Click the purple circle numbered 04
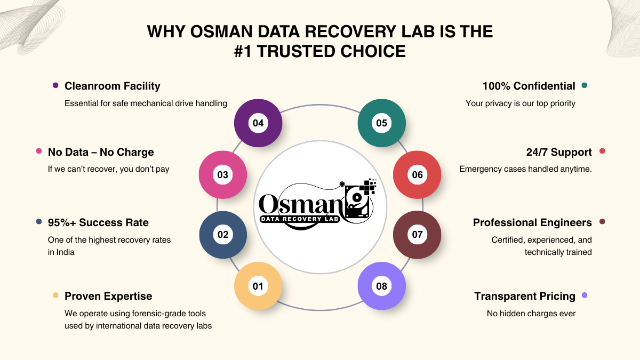[258, 123]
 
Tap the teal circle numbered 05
[381, 123]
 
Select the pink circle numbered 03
[223, 174]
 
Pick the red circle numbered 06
[417, 174]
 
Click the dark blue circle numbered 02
[223, 235]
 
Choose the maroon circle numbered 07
[417, 235]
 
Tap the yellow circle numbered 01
[258, 286]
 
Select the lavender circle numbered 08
[381, 286]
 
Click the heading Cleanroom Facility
[112, 86]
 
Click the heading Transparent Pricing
[525, 296]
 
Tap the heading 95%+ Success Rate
[98, 222]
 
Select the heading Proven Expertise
[108, 296]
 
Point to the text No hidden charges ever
[531, 314]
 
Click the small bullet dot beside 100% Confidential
[585, 85]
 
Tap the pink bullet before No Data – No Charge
[39, 151]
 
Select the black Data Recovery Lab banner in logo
[301, 219]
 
